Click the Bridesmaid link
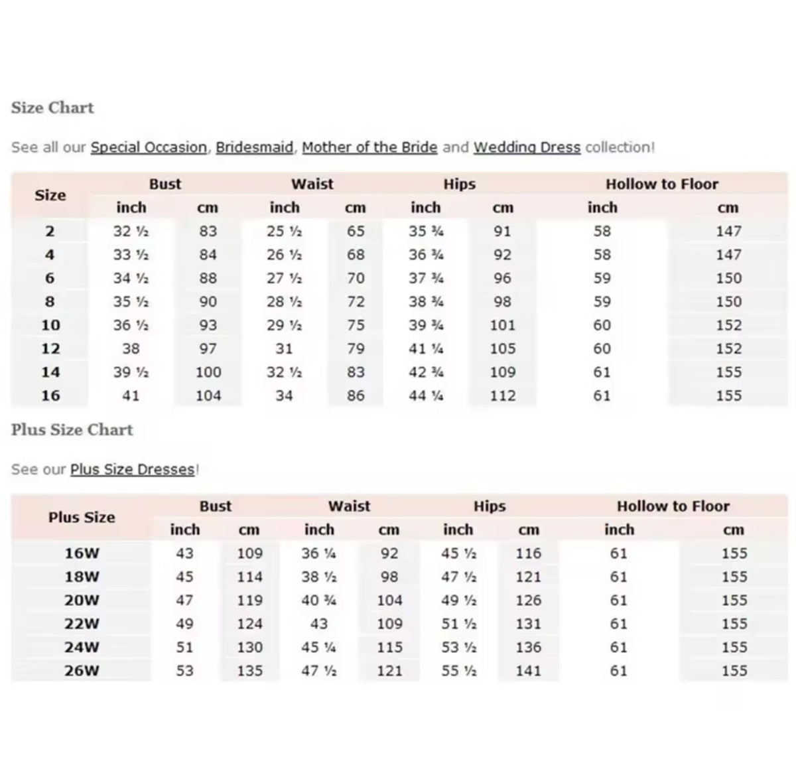[x=254, y=147]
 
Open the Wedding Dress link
[x=527, y=147]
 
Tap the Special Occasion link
[x=149, y=147]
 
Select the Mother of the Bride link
[x=369, y=147]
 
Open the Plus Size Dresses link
[x=133, y=470]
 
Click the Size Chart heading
[x=52, y=107]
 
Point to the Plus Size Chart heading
[x=72, y=430]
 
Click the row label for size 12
[x=50, y=349]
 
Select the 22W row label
[x=82, y=624]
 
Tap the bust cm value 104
[x=208, y=396]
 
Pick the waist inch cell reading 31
[x=284, y=349]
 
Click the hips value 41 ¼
[x=426, y=349]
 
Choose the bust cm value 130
[x=250, y=648]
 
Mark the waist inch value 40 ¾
[x=319, y=601]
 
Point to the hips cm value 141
[x=529, y=671]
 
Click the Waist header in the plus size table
[x=350, y=506]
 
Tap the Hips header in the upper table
[x=460, y=184]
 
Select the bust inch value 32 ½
[x=131, y=232]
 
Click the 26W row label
[x=82, y=671]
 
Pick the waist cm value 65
[x=356, y=232]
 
